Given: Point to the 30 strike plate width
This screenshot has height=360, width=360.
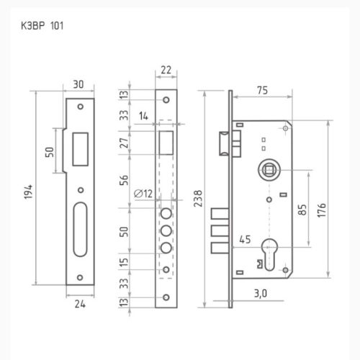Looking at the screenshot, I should click(x=79, y=85).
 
